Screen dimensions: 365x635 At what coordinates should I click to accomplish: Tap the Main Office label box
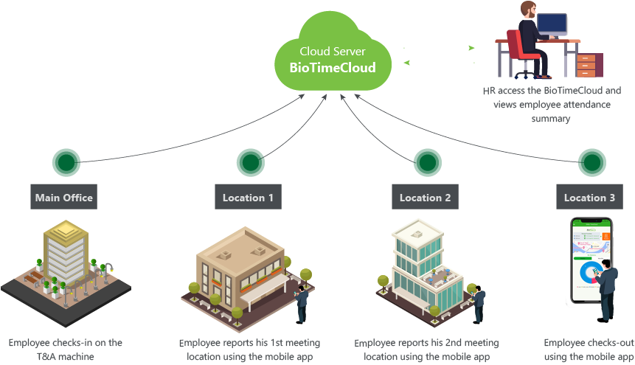point(65,198)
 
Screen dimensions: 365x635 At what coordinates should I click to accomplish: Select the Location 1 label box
point(248,198)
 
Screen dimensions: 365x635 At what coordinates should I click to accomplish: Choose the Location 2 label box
point(425,198)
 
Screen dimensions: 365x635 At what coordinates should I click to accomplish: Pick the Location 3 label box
point(589,198)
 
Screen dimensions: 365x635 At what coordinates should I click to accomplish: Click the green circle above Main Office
point(66,161)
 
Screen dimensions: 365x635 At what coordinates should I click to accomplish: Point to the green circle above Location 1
point(250,161)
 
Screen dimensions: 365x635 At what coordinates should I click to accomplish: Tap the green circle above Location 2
point(427,161)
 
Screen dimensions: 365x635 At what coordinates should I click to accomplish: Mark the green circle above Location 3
point(591,161)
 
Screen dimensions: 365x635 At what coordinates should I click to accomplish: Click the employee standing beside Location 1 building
point(302,302)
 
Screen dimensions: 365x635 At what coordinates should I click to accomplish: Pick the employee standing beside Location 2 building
point(479,302)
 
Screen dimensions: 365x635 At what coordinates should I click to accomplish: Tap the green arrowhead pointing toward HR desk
point(471,48)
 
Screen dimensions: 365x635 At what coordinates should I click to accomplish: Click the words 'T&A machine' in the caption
point(66,357)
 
